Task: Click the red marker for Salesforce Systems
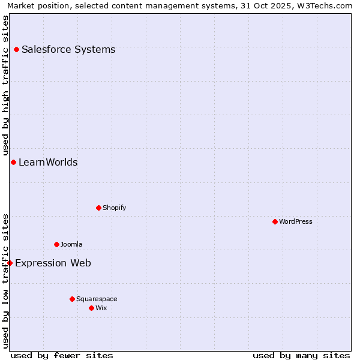point(16,49)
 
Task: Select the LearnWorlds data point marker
point(13,162)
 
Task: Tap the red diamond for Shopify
point(98,208)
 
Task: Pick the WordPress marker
point(275,221)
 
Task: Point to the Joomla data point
point(56,244)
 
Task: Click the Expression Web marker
point(10,263)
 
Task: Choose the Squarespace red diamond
point(72,299)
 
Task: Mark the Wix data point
point(91,308)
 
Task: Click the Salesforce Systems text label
point(68,49)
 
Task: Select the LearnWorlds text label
point(48,162)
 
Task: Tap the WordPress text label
point(296,221)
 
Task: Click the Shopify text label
point(114,208)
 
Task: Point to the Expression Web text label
point(53,263)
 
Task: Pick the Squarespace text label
point(97,299)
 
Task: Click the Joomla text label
point(71,244)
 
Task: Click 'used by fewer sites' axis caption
point(62,355)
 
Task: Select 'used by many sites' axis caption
point(301,355)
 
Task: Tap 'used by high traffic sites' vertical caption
point(6,85)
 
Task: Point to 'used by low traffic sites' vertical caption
point(6,280)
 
